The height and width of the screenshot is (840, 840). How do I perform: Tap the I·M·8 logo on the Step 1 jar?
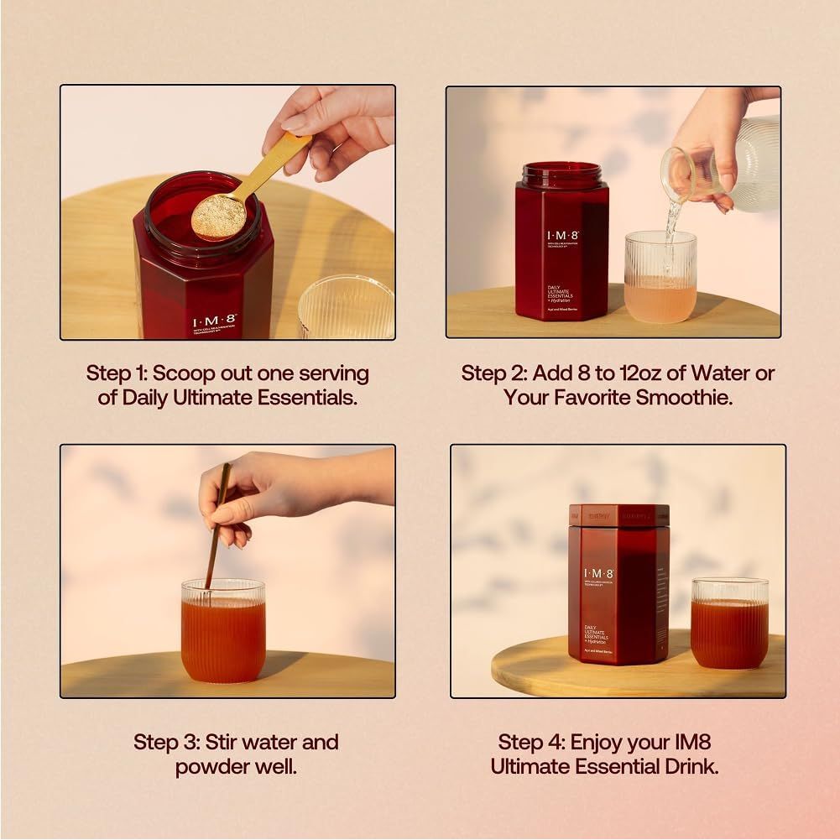(215, 321)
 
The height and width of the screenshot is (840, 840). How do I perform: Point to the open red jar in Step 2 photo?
(561, 243)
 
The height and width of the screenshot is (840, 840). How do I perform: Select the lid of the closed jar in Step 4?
(618, 515)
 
